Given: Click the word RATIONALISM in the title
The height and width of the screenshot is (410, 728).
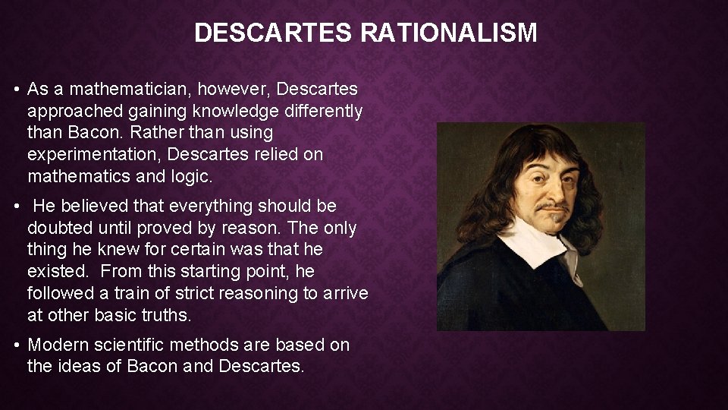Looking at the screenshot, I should (448, 33).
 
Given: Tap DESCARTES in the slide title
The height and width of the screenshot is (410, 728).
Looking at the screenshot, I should (274, 33).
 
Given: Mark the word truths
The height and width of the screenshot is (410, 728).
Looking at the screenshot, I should (172, 314).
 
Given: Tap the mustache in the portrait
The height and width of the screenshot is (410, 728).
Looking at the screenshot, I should (553, 207).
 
